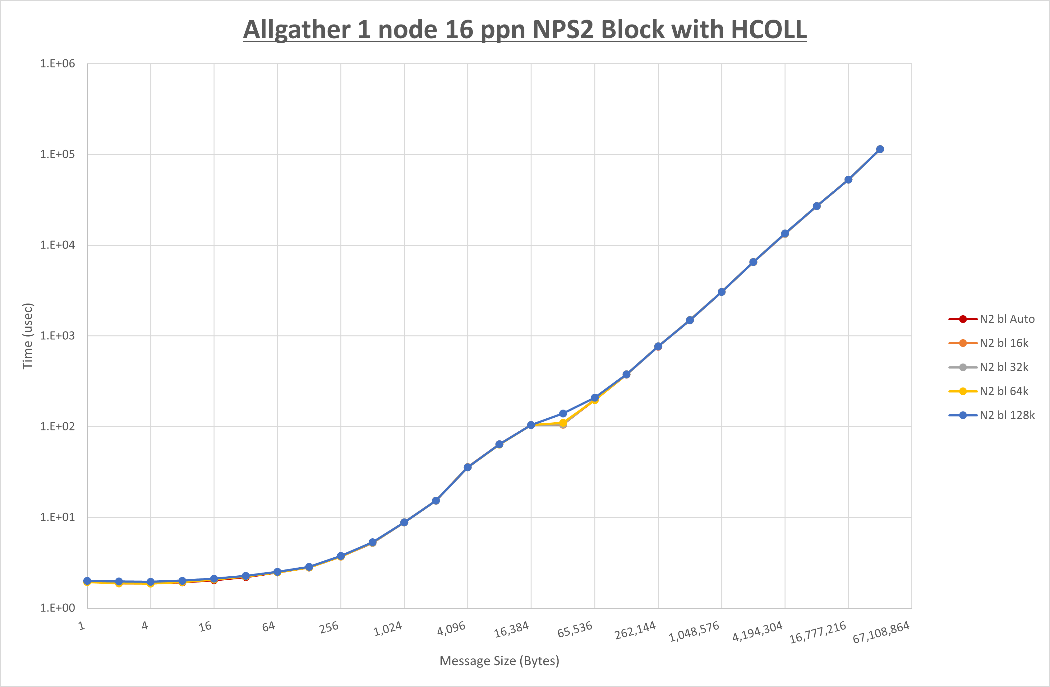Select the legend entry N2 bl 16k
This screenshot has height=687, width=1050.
(x=1004, y=343)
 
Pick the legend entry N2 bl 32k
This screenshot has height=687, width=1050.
(x=1004, y=367)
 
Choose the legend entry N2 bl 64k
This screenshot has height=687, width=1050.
(x=1004, y=391)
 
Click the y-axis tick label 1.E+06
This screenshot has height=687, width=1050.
(x=58, y=63)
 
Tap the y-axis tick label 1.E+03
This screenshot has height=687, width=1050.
(x=58, y=336)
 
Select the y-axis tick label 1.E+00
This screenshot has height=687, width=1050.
(x=58, y=608)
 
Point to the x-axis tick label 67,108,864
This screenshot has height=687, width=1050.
(x=881, y=632)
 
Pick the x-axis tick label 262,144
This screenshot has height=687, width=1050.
(x=635, y=630)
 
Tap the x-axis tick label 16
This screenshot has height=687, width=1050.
(x=205, y=626)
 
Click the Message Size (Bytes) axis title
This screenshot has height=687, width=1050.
(x=500, y=661)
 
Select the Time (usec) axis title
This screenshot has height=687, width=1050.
(x=27, y=336)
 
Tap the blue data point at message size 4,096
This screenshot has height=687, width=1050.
(x=467, y=467)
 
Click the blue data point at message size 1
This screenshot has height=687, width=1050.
(x=87, y=581)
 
